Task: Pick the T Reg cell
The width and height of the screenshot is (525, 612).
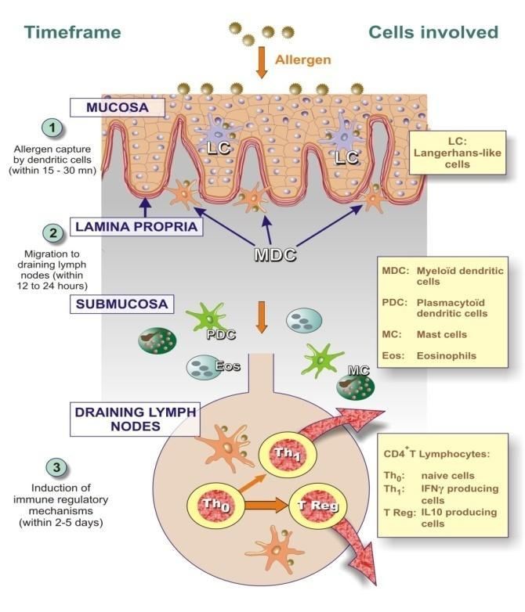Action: [x=317, y=506]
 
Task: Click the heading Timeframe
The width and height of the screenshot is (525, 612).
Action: [x=72, y=32]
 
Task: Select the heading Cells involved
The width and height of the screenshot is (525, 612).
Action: [x=433, y=32]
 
